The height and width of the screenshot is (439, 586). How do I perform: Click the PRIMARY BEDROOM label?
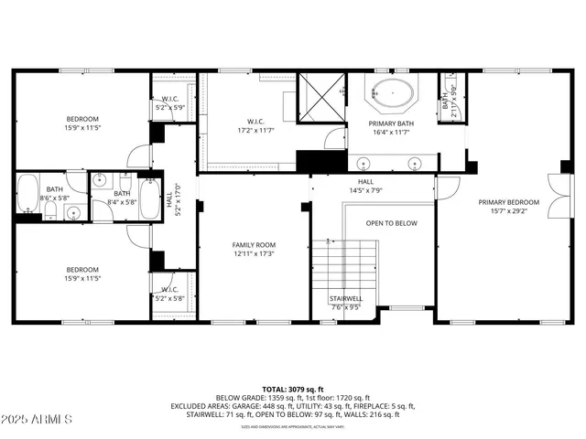point(508,202)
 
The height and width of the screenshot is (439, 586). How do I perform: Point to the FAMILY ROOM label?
point(254,245)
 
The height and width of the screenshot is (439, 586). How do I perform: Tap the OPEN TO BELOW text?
point(392,223)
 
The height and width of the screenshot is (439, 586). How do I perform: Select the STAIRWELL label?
point(345,298)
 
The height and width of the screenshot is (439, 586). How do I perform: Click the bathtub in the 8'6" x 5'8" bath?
point(27,193)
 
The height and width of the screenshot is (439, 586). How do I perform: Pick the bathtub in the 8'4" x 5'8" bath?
point(169,198)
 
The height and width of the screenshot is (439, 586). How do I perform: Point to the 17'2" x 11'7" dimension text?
point(255,131)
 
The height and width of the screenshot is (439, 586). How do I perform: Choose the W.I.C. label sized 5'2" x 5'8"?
point(170,293)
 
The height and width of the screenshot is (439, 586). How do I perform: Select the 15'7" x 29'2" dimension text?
point(508,211)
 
